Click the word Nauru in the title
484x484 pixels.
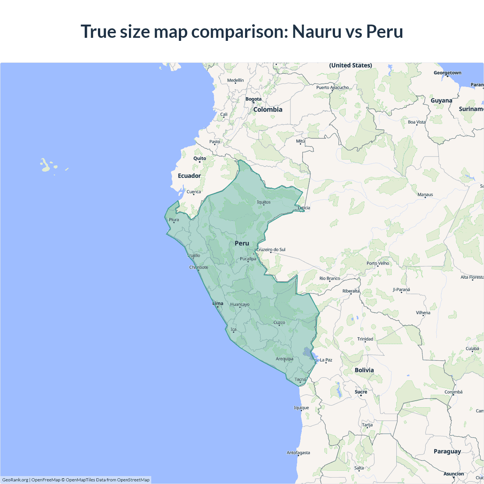[x=317, y=31]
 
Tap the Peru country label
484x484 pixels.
[x=242, y=243]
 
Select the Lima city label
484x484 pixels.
[x=218, y=303]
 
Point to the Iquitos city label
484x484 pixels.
[x=264, y=202]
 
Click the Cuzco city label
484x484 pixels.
[x=279, y=323]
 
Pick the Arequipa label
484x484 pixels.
[x=284, y=359]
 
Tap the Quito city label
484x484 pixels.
[x=200, y=158]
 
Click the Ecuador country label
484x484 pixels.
[x=189, y=176]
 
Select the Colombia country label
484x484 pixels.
[x=268, y=110]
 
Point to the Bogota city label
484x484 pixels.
[x=253, y=99]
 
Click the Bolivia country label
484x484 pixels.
[x=364, y=370]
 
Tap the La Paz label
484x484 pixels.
[x=326, y=360]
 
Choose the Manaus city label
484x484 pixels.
[x=425, y=195]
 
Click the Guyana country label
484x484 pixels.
[x=441, y=101]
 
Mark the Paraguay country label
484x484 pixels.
[x=447, y=451]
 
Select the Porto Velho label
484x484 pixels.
[x=377, y=263]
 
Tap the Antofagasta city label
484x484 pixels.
[x=298, y=453]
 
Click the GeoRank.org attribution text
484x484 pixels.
[x=15, y=480]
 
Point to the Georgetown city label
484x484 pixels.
[x=447, y=73]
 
